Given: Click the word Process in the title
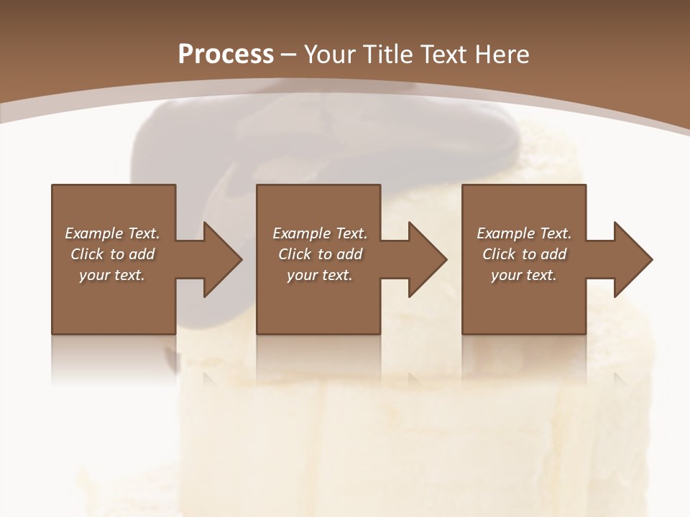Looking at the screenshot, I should [x=226, y=55].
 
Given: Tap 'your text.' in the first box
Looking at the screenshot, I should [x=112, y=275].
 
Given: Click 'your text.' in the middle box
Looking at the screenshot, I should [x=319, y=275].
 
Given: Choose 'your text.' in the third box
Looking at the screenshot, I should [x=524, y=275].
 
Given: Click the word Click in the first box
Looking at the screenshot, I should [x=87, y=254].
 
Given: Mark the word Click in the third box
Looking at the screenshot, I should [x=499, y=254].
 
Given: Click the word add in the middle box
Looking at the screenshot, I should [x=349, y=254].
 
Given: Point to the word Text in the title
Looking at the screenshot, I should [x=443, y=55].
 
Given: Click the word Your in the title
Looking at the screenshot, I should [x=331, y=55].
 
